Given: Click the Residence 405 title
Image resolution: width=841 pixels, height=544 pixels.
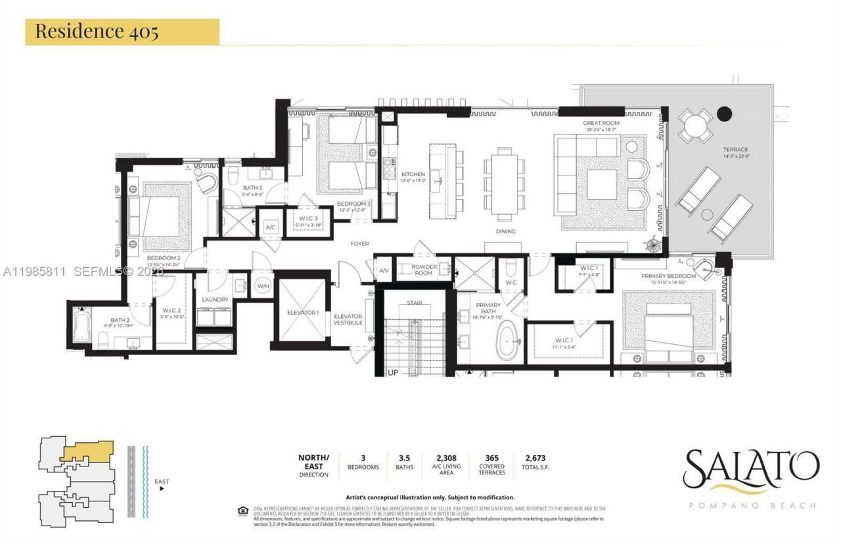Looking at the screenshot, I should pos(97,32).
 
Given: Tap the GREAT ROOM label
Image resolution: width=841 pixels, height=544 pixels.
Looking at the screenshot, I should pos(601,123).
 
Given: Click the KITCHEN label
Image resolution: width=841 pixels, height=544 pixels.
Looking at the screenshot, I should pos(413,175).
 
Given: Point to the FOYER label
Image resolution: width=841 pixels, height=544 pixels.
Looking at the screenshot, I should pos(359,244).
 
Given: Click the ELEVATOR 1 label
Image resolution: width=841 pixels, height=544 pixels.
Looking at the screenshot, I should pos(302,312).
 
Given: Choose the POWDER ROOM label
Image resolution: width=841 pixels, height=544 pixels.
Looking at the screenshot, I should pos(424,269).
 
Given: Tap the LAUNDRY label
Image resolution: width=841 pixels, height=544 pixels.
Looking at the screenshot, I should pos(215,300).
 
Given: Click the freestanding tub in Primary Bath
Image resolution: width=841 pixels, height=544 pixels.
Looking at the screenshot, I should pos(508,342).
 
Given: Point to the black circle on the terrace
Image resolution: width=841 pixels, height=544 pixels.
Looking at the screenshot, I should pos(724,114).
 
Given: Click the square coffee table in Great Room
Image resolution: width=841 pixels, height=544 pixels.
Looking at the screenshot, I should pos(602,185).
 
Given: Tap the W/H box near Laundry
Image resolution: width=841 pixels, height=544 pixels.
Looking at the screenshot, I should pos(263,286).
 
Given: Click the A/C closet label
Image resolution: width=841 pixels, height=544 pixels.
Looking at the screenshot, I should pos(270,227).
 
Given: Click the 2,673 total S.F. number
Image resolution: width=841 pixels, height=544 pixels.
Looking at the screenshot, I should pos(535,458).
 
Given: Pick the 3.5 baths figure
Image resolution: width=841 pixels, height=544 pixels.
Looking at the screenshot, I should pos(405,458).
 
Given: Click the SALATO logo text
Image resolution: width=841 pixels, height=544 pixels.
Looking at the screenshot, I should pos(750,469).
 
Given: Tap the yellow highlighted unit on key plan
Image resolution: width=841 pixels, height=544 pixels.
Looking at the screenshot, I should pos(88,451).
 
